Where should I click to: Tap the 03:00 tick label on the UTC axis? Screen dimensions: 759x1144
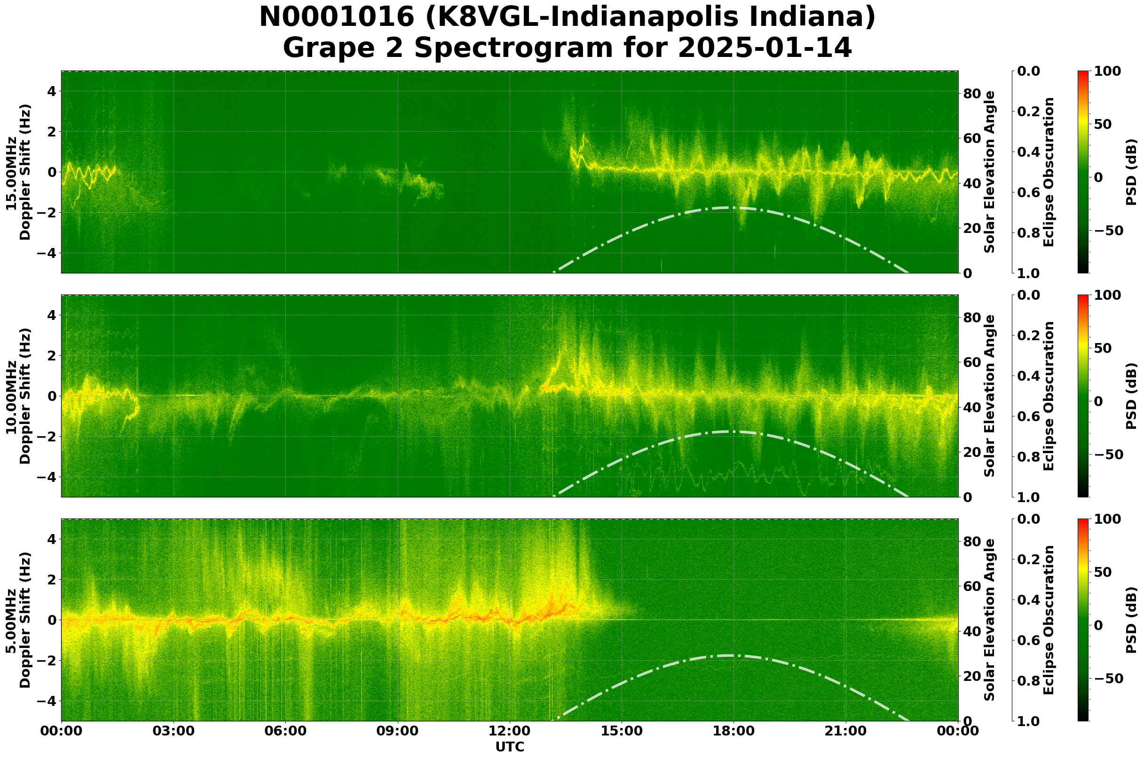coord(173,730)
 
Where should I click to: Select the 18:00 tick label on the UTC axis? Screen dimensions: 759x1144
coord(734,730)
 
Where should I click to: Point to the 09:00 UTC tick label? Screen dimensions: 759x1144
coord(398,730)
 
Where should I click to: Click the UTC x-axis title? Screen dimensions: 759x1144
coord(509,747)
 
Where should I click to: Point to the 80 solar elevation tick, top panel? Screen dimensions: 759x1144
coord(971,94)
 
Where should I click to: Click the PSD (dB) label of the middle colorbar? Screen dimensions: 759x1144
coord(1131,396)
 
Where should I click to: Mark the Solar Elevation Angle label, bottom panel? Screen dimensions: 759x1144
coord(990,620)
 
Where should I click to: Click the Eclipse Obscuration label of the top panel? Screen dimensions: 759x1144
coord(1048,172)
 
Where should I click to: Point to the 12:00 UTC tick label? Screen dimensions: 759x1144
coord(509,730)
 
